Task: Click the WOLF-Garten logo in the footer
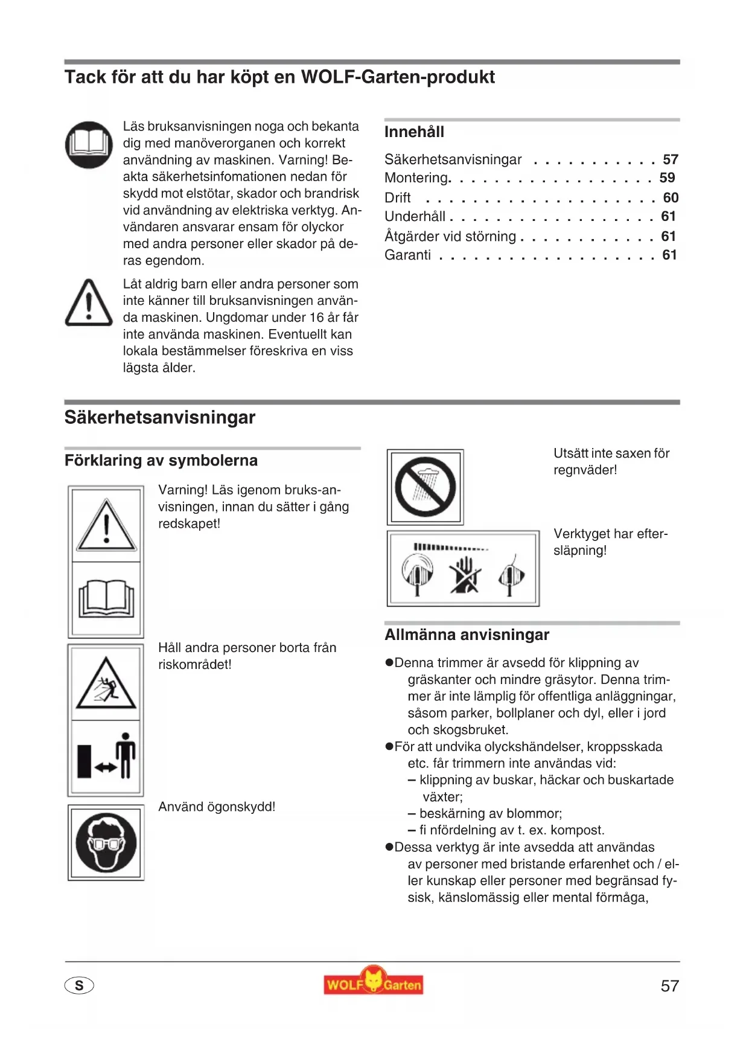click(373, 981)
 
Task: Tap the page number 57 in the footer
click(669, 986)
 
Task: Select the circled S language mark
click(79, 985)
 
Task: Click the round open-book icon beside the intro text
click(89, 145)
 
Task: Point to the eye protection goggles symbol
click(106, 843)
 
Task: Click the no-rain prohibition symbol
click(425, 487)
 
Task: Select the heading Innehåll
click(414, 132)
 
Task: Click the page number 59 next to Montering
click(667, 178)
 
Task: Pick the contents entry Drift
click(398, 197)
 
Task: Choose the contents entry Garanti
click(408, 255)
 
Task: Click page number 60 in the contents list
click(671, 197)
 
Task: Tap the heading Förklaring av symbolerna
click(161, 460)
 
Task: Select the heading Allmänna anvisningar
click(467, 635)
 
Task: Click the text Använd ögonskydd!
click(217, 807)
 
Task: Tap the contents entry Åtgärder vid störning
click(450, 236)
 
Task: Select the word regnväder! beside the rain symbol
click(585, 470)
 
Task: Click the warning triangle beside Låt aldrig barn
click(89, 302)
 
